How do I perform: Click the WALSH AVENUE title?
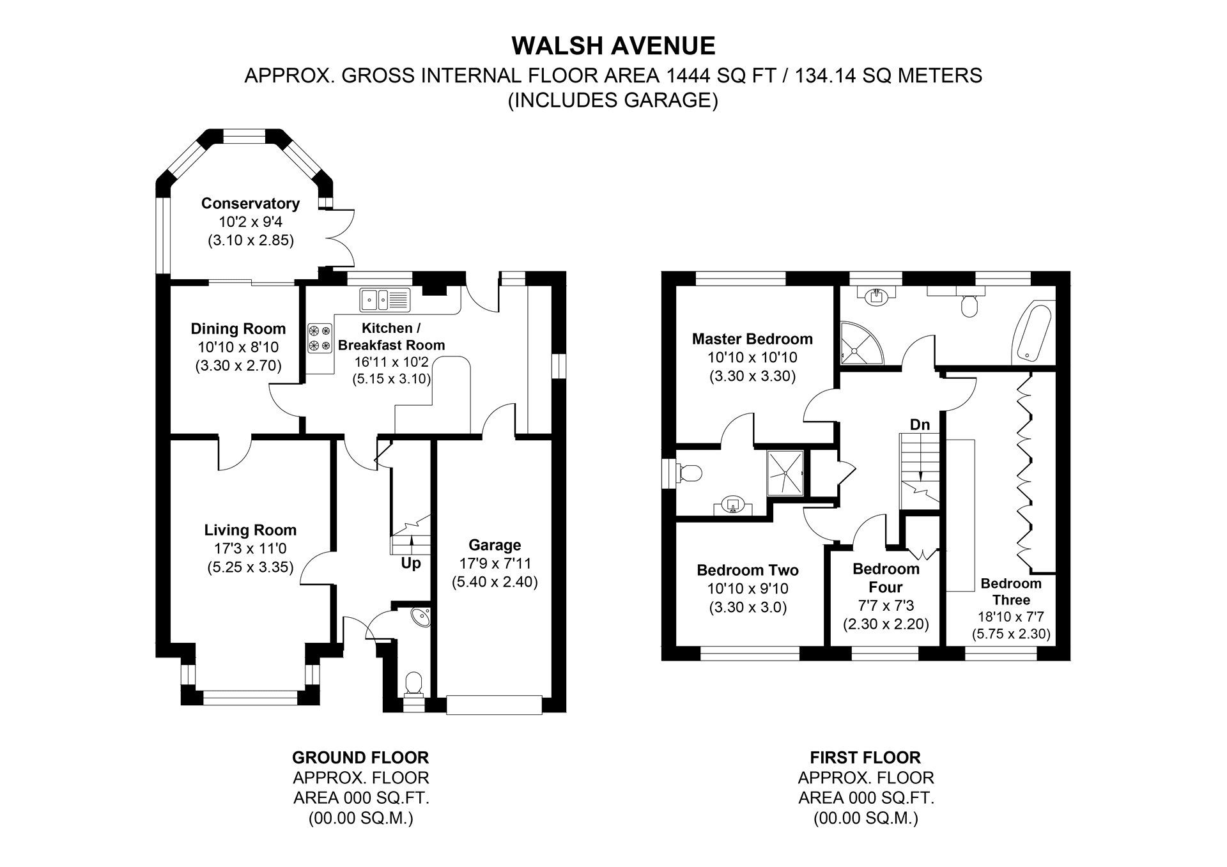pyautogui.click(x=613, y=46)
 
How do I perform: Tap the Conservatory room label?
pyautogui.click(x=251, y=204)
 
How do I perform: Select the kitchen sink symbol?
pyautogui.click(x=385, y=299)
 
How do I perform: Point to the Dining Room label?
pyautogui.click(x=238, y=329)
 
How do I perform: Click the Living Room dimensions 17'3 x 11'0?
pyautogui.click(x=251, y=549)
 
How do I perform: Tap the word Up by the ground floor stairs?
pyautogui.click(x=410, y=564)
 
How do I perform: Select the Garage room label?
pyautogui.click(x=495, y=545)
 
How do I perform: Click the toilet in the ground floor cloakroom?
pyautogui.click(x=414, y=684)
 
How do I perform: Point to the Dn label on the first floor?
pyautogui.click(x=920, y=425)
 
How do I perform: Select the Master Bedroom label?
pyautogui.click(x=752, y=339)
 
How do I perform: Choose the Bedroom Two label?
pyautogui.click(x=747, y=570)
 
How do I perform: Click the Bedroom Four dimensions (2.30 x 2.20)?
pyautogui.click(x=886, y=624)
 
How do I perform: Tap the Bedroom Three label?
pyautogui.click(x=1011, y=592)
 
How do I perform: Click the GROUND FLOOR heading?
pyautogui.click(x=360, y=758)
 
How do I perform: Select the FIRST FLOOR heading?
pyautogui.click(x=865, y=758)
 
